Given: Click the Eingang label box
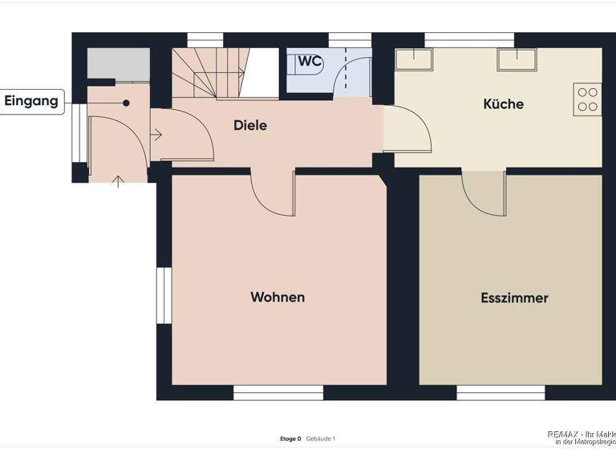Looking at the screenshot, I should pos(32,101).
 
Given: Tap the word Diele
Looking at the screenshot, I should pos(249,125).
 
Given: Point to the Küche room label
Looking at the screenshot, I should pos(503,103).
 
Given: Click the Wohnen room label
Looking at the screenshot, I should pos(278,297).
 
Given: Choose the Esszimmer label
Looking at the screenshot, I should pos(514,298).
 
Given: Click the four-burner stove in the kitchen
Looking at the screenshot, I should pos(587,99).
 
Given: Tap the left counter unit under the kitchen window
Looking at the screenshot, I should pos(414,59).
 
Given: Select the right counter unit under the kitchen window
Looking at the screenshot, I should pos(516,59).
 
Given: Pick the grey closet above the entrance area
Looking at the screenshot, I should pos(118,63).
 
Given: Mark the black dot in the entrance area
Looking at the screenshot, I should pos(126,103).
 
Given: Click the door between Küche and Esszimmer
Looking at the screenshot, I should pos(484,193).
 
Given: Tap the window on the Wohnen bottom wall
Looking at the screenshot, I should pos(278,392).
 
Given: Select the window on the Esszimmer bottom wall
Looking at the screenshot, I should pos(500,392).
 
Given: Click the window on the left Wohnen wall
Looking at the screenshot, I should pos(163,296).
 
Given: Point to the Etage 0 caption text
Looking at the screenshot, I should pos(290,439).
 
